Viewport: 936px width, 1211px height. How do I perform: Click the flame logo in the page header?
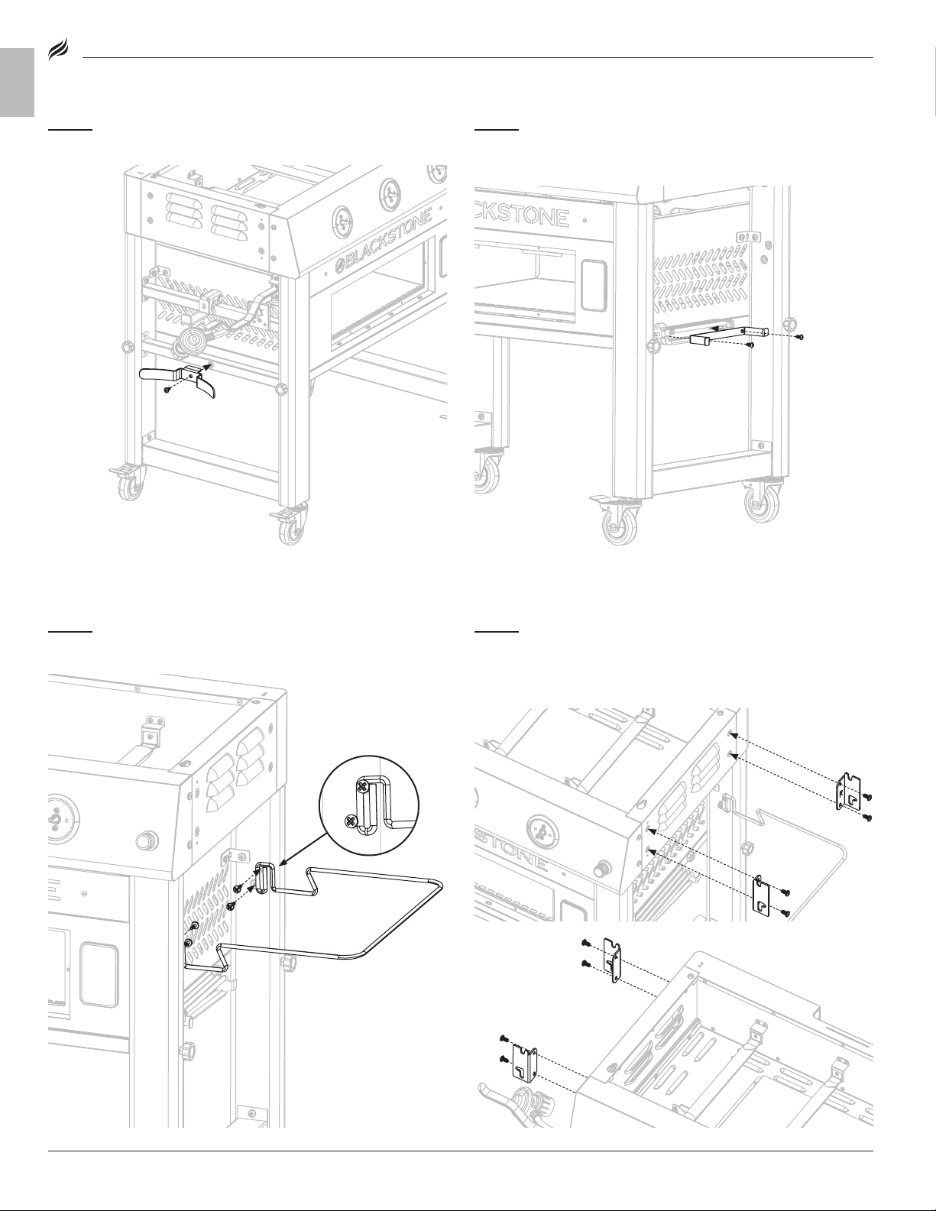pyautogui.click(x=58, y=52)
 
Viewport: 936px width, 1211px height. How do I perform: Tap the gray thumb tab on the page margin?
pyautogui.click(x=18, y=83)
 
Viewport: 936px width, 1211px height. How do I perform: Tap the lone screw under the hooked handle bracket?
pyautogui.click(x=167, y=390)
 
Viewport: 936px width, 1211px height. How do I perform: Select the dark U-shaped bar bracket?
pyautogui.click(x=729, y=335)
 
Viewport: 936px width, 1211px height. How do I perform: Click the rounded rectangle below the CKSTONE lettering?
pyautogui.click(x=594, y=285)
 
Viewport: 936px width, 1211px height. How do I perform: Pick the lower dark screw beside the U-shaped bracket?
pyautogui.click(x=750, y=346)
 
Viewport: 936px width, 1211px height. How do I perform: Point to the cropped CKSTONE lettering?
pyautogui.click(x=522, y=217)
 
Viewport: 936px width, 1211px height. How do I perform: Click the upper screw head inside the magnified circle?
pyautogui.click(x=363, y=788)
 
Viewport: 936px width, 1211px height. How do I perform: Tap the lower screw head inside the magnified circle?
pyautogui.click(x=351, y=820)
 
